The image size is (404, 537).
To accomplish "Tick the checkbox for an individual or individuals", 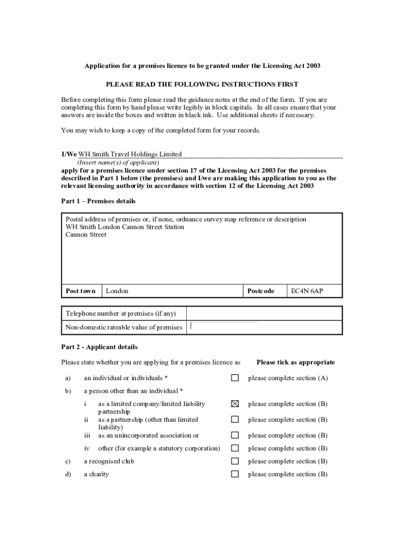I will pos(235,378).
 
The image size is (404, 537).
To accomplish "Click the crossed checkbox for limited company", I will pos(235,404).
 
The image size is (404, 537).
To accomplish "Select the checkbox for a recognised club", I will pos(235,461).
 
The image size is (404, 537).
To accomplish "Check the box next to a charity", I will pos(235,474).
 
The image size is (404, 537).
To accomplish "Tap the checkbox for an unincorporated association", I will pos(235,435).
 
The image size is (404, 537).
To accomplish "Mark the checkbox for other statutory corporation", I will pos(235,448).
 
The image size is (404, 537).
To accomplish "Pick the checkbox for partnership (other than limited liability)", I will pos(235,420).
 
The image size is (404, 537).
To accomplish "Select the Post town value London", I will pos(117,291).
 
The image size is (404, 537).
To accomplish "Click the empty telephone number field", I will pos(264,314).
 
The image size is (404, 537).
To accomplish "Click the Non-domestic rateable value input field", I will pos(264,327).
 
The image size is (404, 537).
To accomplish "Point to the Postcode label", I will pos(260,291).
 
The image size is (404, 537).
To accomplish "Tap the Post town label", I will pos(81,291).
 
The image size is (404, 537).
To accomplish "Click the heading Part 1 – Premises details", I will pos(98,201).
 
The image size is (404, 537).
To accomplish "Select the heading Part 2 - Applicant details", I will pos(99,347).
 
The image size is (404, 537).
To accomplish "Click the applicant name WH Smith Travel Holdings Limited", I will pos(130,154).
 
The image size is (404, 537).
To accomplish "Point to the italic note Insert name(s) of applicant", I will pos(118,163).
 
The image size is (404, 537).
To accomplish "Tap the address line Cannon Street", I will pos(86,235).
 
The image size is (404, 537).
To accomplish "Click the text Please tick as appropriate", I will pos(295,362).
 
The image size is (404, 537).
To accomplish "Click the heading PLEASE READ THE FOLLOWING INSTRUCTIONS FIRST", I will pos(202,84).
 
